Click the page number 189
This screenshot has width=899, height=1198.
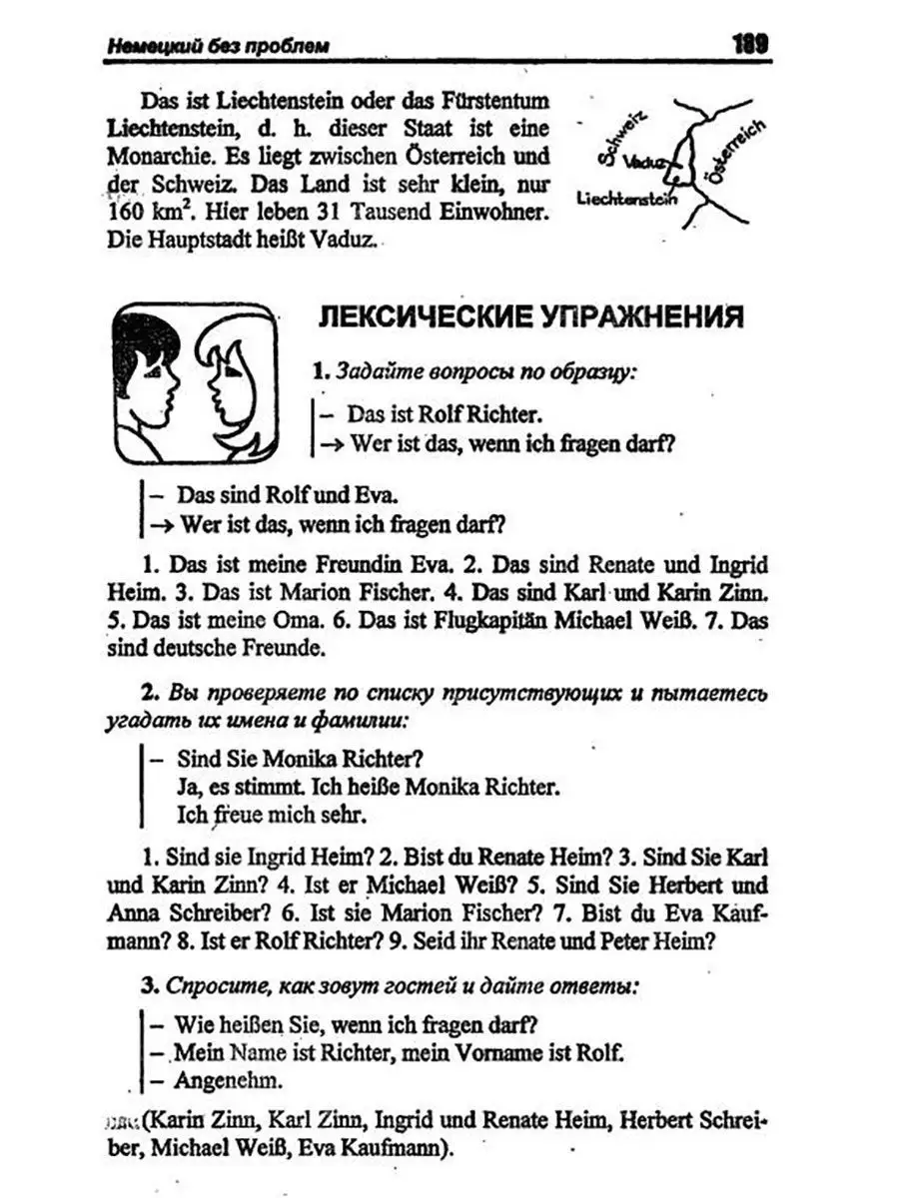click(747, 44)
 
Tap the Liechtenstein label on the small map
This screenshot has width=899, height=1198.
click(627, 199)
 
